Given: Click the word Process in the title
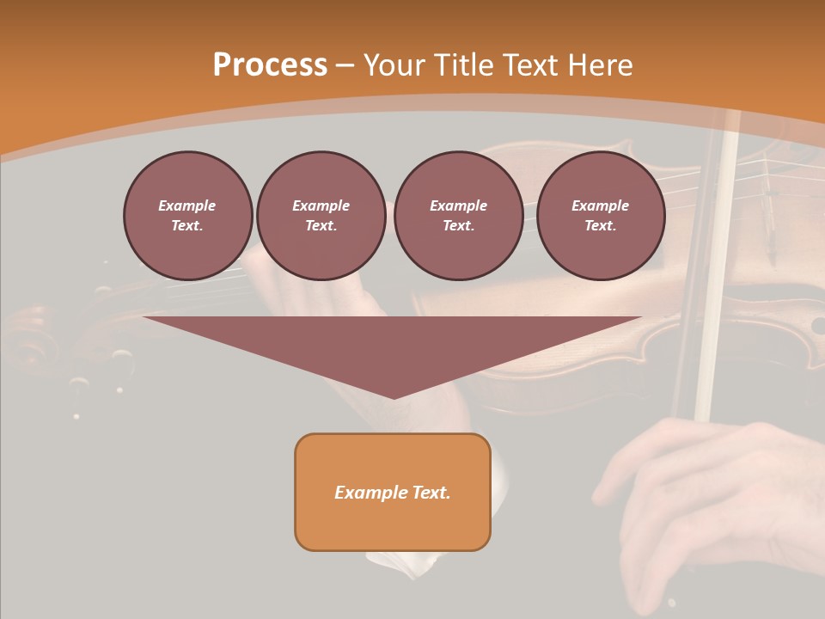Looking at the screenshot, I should [270, 65].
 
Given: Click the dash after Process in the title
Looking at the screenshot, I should [345, 66].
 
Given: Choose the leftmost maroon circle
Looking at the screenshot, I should [188, 216].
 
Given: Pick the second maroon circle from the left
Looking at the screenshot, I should [321, 216].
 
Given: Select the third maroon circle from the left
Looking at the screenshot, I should [458, 216].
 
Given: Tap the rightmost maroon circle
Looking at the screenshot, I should [601, 216].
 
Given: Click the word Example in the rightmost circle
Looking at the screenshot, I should [600, 205].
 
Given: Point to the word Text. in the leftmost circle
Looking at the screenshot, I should [187, 226].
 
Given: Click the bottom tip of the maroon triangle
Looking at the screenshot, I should [394, 396].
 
